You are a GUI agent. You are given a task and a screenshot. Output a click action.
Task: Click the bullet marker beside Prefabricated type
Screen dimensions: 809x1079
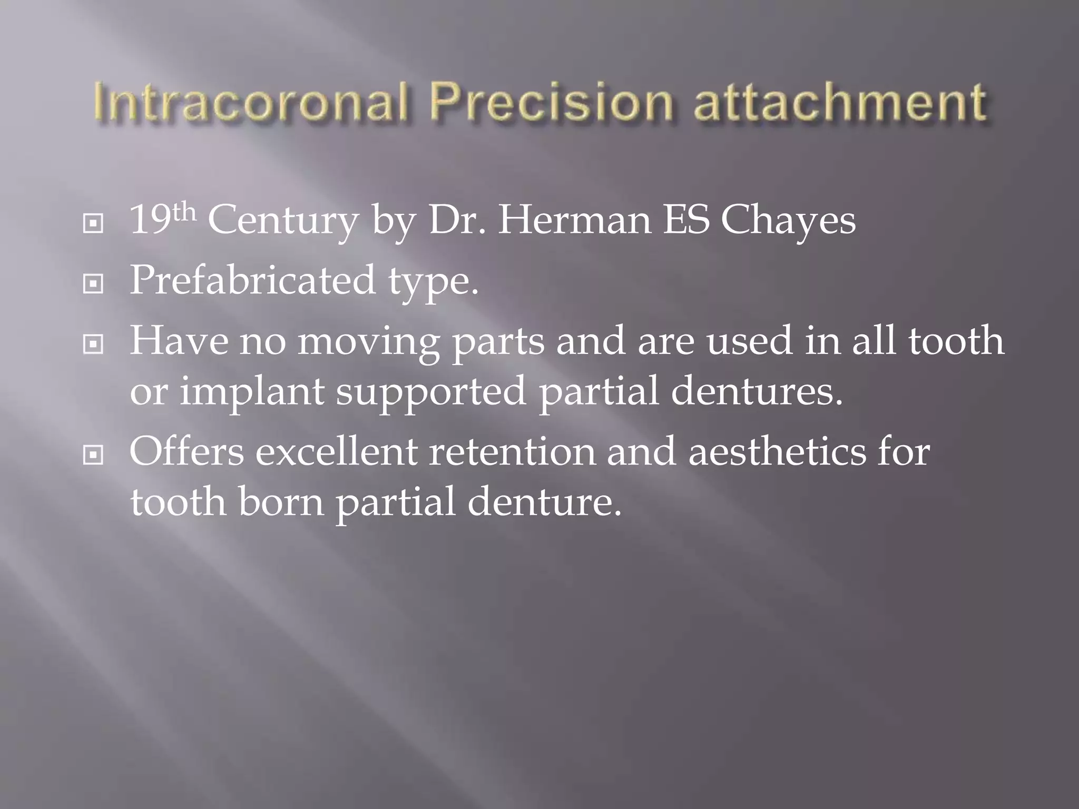click(93, 284)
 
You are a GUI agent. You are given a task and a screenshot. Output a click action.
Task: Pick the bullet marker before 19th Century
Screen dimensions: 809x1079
click(93, 224)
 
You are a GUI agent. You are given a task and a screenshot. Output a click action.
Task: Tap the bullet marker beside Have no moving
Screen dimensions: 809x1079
click(93, 345)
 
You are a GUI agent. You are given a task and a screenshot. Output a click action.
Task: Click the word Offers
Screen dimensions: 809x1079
click(187, 451)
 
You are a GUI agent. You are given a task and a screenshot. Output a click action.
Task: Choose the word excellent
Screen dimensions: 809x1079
click(337, 451)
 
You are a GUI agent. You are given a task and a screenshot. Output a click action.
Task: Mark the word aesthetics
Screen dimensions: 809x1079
click(777, 451)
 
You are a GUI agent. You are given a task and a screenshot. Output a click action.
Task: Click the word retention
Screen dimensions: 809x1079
click(512, 451)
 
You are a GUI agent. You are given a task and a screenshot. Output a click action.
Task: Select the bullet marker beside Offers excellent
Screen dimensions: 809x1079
click(93, 455)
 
